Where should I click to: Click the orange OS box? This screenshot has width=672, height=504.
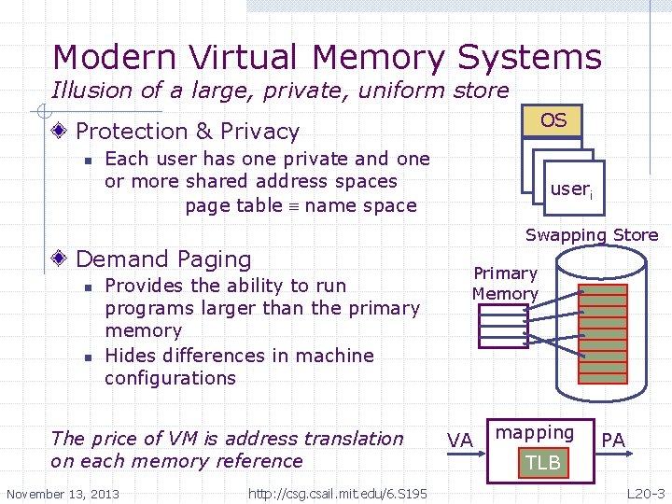click(553, 121)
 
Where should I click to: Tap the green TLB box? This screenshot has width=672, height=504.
click(542, 463)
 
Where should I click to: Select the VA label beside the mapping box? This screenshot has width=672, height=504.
click(460, 440)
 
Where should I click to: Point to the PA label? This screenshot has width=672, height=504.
click(613, 439)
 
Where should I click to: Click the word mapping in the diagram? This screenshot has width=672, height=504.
click(535, 432)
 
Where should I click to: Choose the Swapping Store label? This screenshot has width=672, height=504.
click(592, 235)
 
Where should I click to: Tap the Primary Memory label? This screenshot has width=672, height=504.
click(505, 284)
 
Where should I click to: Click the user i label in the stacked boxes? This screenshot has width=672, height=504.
click(570, 189)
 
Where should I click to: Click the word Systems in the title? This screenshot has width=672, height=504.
click(529, 58)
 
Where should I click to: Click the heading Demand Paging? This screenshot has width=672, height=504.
click(163, 259)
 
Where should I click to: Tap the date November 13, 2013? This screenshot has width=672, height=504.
click(63, 494)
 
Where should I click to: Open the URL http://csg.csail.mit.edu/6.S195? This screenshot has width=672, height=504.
click(338, 494)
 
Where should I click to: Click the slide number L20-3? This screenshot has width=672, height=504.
click(645, 493)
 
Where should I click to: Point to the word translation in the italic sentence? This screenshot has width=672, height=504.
click(352, 439)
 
